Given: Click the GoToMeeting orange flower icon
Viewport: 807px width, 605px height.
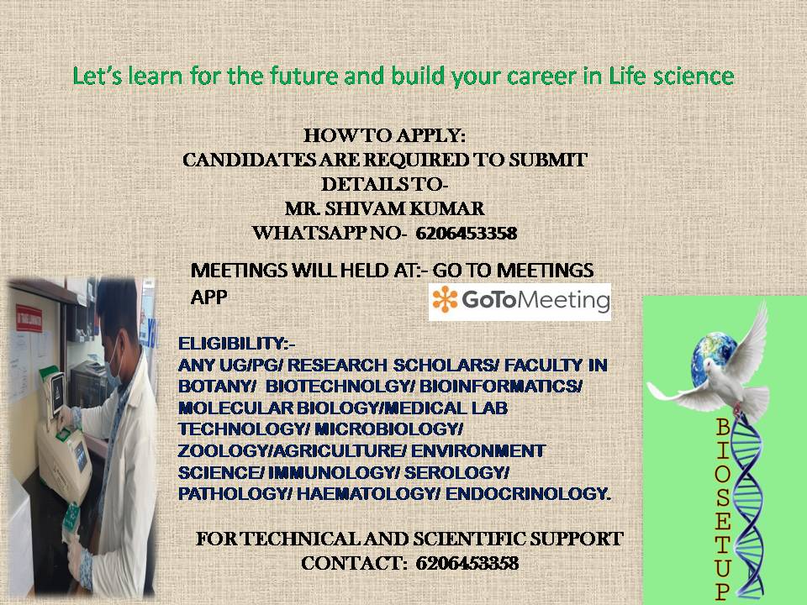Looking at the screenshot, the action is [446, 299].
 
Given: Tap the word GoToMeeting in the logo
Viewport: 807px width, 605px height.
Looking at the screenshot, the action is [535, 300].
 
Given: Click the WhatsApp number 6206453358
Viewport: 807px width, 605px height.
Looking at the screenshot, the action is [467, 233].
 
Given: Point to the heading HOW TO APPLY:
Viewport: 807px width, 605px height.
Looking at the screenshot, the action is [384, 136].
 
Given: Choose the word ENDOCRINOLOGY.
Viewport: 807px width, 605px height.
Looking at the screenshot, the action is [529, 494].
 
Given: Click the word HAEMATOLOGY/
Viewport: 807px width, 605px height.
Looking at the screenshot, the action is [368, 494].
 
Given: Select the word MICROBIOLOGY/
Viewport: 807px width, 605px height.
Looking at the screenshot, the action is [389, 429].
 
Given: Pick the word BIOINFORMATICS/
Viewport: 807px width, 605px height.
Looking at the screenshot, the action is [501, 387].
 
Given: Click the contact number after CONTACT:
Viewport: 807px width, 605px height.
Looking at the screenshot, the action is [467, 563].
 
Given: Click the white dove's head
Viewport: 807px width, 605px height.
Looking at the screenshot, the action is [712, 366].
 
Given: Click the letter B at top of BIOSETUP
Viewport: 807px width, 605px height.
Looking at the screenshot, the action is [723, 427].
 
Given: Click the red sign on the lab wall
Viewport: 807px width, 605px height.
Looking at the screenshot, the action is [29, 318].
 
